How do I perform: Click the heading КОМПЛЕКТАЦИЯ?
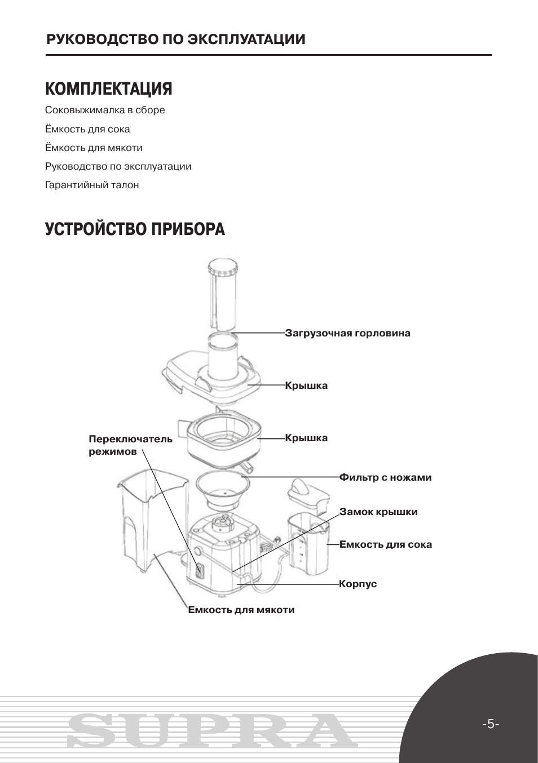point(108,89)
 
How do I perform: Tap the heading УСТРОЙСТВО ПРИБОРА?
point(135,229)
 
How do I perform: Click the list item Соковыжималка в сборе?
point(105,110)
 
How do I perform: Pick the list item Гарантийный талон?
point(92,185)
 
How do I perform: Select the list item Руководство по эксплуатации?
point(118,167)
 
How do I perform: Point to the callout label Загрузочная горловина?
point(347,333)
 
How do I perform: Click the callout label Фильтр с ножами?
point(385,478)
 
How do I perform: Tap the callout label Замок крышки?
point(378,512)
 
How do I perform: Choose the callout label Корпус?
point(358,584)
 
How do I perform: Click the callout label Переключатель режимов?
point(130,445)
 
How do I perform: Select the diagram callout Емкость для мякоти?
point(241,610)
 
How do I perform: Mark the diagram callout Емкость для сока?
point(385,545)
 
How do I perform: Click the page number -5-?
point(490,724)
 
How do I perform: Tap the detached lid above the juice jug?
point(308,495)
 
